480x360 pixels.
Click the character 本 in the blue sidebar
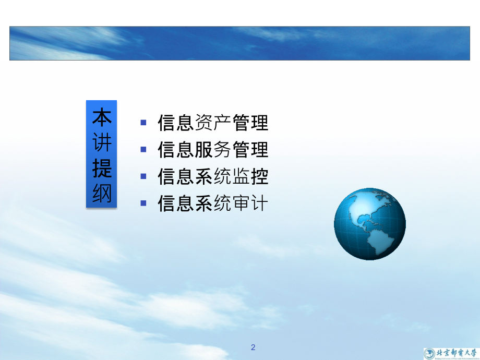coord(102,118)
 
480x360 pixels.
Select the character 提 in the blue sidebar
coord(102,169)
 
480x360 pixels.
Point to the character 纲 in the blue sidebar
coord(102,194)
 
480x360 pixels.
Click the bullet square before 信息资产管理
coord(143,123)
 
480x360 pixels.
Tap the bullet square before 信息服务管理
coord(143,149)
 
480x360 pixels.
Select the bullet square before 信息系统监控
coord(143,176)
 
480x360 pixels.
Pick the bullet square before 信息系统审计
coord(143,203)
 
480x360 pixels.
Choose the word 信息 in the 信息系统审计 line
coord(175,203)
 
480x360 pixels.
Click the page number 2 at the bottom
coord(253,347)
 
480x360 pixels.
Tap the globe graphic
coord(369,224)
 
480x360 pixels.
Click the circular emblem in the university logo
coord(429,353)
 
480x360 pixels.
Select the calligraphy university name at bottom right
coord(457,353)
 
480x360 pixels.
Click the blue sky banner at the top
coord(239,43)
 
